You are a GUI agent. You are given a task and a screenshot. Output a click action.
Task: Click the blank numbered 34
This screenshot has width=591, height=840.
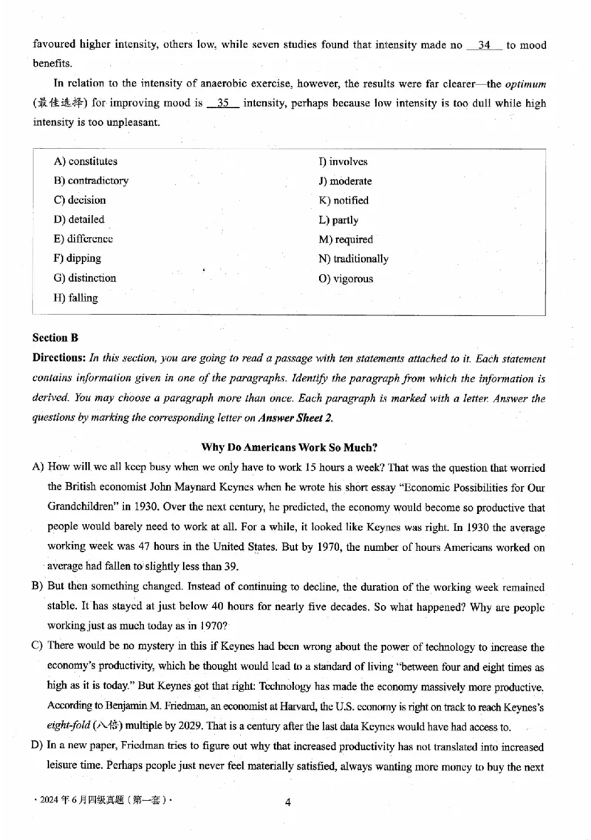(485, 46)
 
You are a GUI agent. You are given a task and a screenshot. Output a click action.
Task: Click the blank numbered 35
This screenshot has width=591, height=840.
(223, 103)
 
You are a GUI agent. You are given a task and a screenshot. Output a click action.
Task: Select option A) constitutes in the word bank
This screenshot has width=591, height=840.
(86, 161)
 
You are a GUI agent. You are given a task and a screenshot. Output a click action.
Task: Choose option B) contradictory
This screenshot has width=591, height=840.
(91, 180)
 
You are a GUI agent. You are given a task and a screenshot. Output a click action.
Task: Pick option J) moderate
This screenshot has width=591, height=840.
(345, 181)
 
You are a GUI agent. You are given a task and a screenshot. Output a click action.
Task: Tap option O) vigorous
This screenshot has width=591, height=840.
(346, 279)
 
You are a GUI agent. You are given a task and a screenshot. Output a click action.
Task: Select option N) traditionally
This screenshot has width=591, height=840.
(353, 259)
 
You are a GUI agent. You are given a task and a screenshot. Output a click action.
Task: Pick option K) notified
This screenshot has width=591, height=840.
(344, 200)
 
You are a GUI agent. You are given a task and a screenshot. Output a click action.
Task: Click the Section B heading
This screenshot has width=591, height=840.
(55, 338)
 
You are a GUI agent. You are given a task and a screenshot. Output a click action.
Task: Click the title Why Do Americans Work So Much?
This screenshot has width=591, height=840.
(288, 447)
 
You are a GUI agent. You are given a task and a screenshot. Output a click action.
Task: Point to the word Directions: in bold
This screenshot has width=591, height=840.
(59, 358)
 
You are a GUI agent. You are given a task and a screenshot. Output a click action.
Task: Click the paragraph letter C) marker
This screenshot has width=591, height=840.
(37, 646)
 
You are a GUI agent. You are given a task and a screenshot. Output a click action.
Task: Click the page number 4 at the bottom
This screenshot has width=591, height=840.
(289, 803)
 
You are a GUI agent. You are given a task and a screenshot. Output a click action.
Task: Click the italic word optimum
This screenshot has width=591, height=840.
(525, 84)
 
